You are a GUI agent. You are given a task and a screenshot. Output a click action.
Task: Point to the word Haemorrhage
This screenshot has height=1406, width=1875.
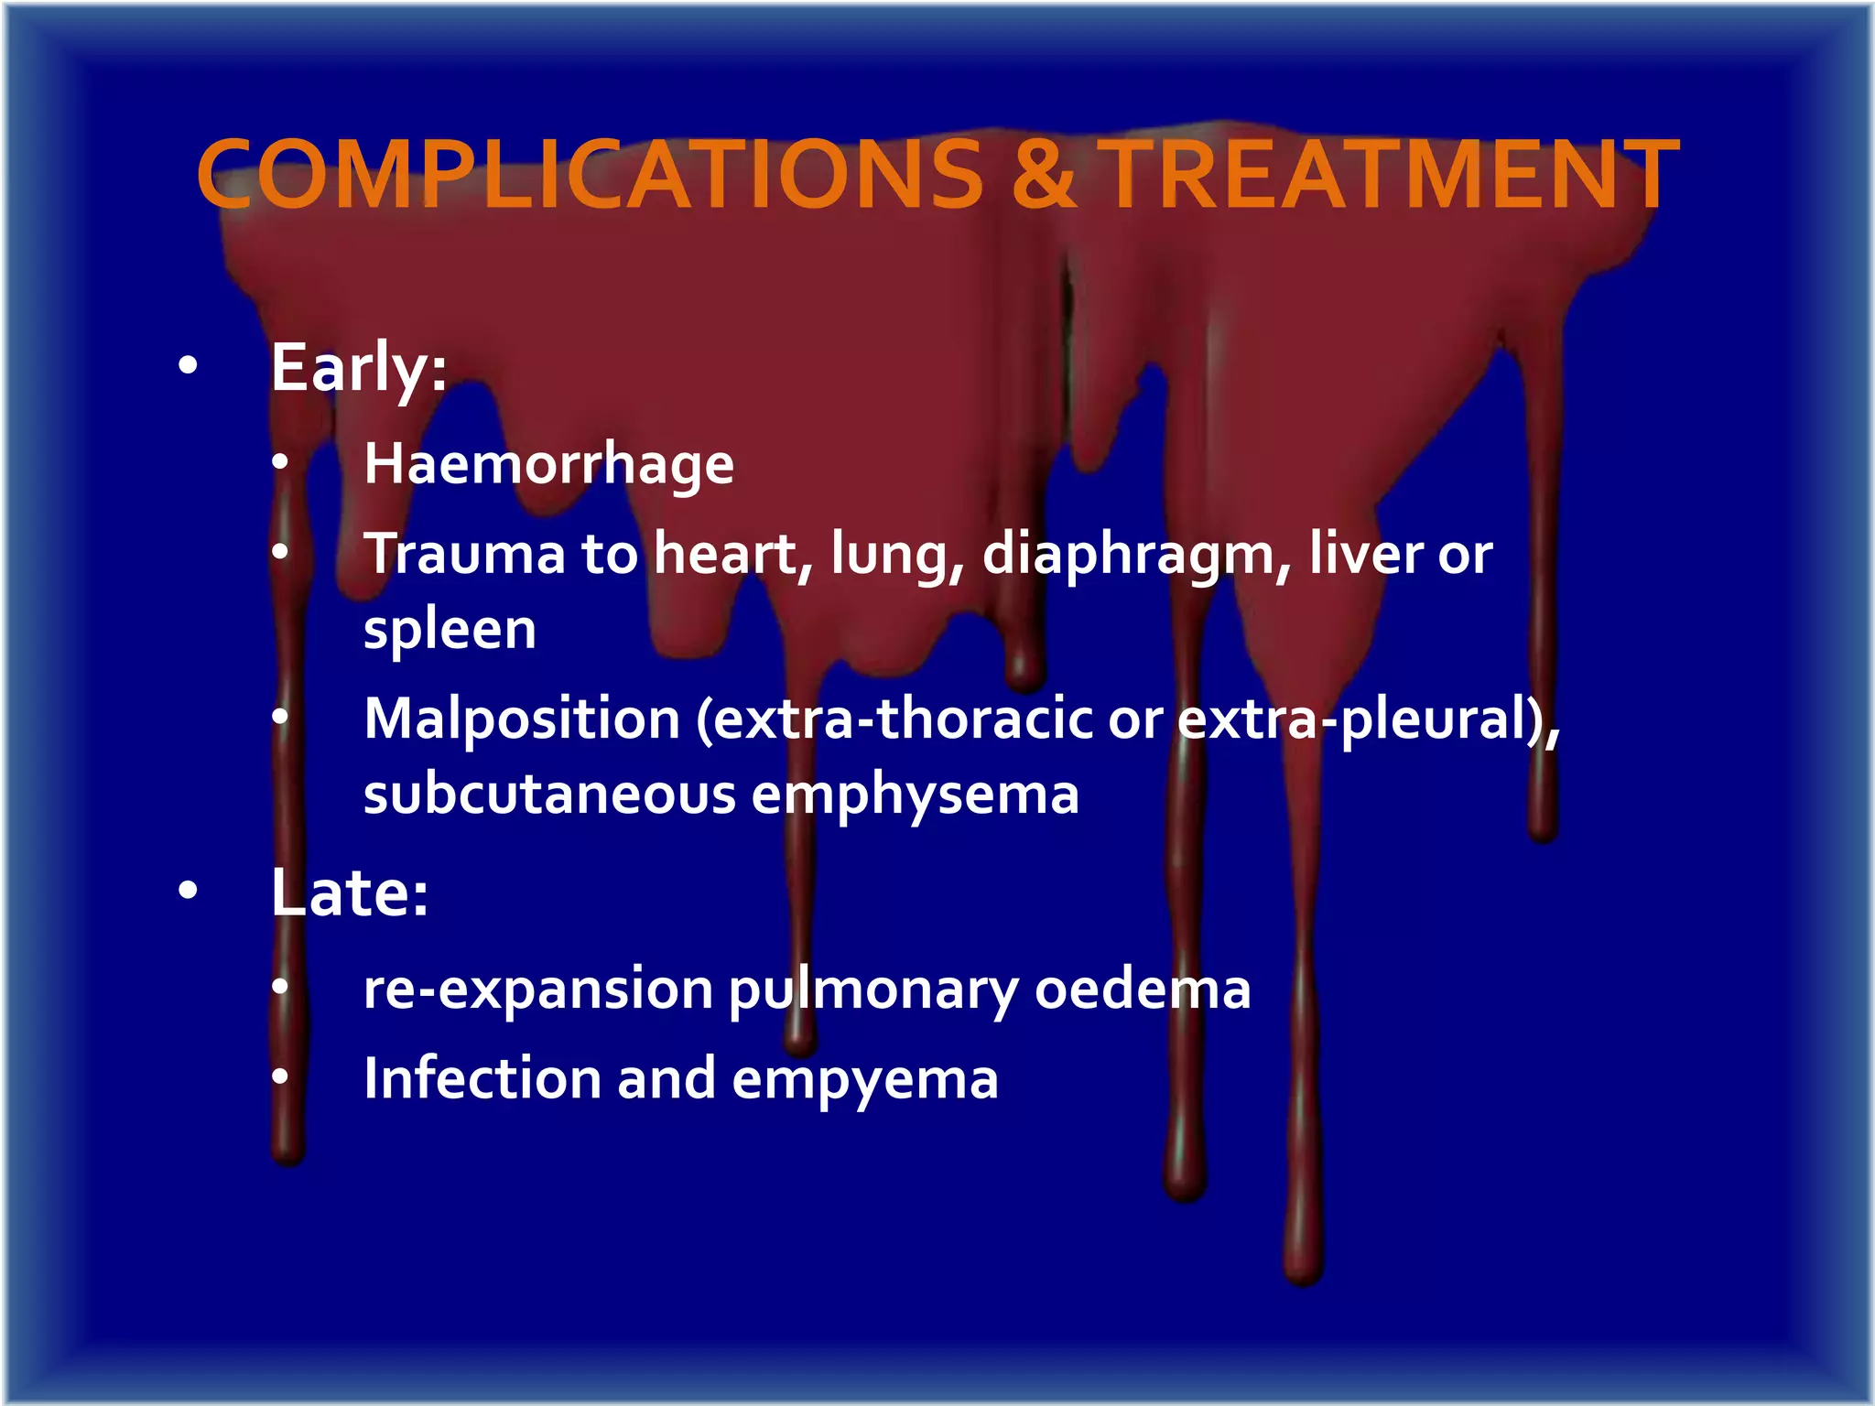click(548, 464)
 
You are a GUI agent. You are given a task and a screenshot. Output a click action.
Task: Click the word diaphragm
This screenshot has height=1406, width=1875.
click(1135, 555)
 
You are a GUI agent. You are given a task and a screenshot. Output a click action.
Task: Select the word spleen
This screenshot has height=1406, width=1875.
click(450, 630)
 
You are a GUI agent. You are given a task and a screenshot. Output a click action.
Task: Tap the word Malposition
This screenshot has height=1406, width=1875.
click(522, 719)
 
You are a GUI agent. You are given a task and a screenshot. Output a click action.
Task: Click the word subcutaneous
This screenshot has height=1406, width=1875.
click(549, 794)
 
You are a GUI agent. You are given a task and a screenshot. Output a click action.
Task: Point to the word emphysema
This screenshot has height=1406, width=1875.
click(916, 795)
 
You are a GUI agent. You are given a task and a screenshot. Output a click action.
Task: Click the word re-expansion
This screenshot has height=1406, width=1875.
click(538, 990)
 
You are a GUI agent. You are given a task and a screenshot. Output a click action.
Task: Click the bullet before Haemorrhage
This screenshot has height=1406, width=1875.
click(280, 462)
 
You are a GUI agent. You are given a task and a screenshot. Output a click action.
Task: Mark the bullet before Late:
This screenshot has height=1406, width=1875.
click(188, 890)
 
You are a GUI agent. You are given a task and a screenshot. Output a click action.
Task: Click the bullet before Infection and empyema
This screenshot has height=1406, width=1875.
click(280, 1077)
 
